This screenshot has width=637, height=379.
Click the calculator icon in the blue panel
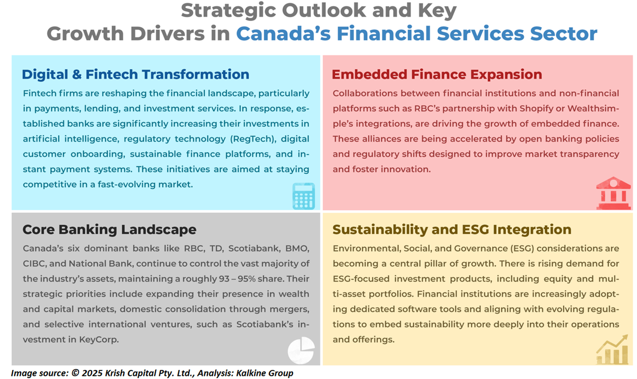304,196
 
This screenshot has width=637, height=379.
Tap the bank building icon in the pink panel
613,193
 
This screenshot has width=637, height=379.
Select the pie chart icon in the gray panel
301,350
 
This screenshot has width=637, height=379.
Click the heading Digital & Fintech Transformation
135,75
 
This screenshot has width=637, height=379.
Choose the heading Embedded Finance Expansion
437,75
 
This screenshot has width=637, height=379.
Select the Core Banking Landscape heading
109,230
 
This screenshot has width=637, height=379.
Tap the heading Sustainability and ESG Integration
452,230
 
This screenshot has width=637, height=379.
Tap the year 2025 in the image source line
93,373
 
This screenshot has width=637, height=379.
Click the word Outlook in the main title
324,11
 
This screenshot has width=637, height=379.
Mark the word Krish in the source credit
115,373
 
